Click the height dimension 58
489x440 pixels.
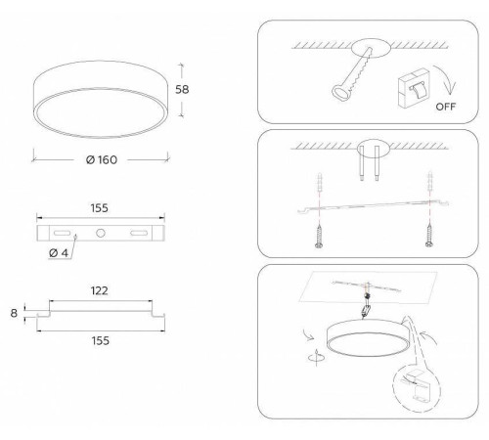pyautogui.click(x=182, y=89)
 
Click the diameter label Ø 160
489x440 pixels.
pyautogui.click(x=102, y=159)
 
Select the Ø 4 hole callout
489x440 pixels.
pyautogui.click(x=59, y=253)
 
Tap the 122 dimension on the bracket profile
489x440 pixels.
pyautogui.click(x=100, y=290)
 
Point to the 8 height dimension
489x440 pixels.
pyautogui.click(x=14, y=313)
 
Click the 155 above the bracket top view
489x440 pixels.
pyautogui.click(x=100, y=208)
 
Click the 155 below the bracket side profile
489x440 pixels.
pyautogui.click(x=101, y=340)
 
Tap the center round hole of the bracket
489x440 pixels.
pyautogui.click(x=101, y=233)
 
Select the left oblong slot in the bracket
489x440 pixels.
pyautogui.click(x=62, y=233)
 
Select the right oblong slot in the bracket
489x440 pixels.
pyautogui.click(x=139, y=233)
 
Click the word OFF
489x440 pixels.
pyautogui.click(x=446, y=107)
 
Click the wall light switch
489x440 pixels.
pyautogui.click(x=414, y=87)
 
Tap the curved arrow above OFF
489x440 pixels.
pyautogui.click(x=446, y=79)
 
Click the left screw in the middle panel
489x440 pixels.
pyautogui.click(x=319, y=236)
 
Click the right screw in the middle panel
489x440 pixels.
pyautogui.click(x=429, y=236)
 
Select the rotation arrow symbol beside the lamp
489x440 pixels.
pyautogui.click(x=316, y=357)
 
